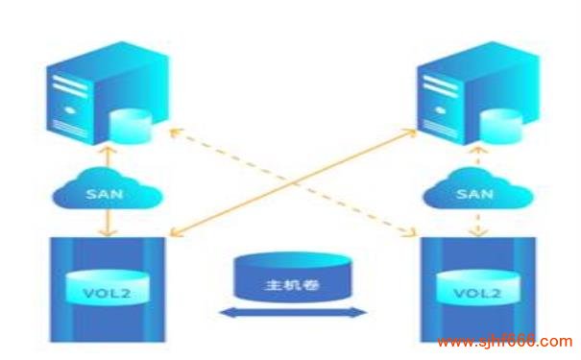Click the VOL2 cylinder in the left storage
click(x=107, y=288)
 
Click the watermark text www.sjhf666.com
click(x=503, y=342)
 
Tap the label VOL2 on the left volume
click(x=107, y=289)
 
